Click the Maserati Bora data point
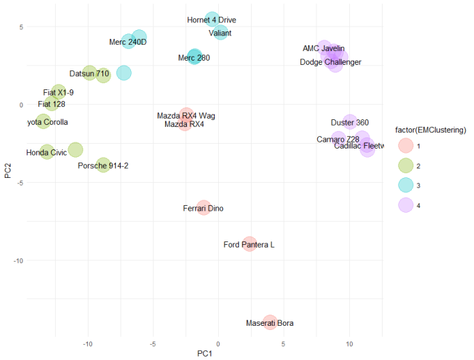pyautogui.click(x=270, y=322)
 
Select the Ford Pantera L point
pyautogui.click(x=250, y=244)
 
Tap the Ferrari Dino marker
pyautogui.click(x=203, y=208)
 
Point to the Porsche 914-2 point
pyautogui.click(x=103, y=165)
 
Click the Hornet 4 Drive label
pyautogui.click(x=212, y=20)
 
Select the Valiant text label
pyautogui.click(x=220, y=33)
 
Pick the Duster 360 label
pyautogui.click(x=350, y=123)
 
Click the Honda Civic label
pyautogui.click(x=47, y=152)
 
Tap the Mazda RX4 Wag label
pyautogui.click(x=186, y=115)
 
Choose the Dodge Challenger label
pyautogui.click(x=330, y=62)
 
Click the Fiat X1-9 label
pyautogui.click(x=59, y=92)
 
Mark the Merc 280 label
pyautogui.click(x=194, y=58)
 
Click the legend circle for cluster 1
pyautogui.click(x=404, y=147)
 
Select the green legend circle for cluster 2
pyautogui.click(x=404, y=166)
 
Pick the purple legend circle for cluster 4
pyautogui.click(x=404, y=205)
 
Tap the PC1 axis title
pyautogui.click(x=205, y=354)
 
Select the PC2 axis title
pyautogui.click(x=7, y=170)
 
